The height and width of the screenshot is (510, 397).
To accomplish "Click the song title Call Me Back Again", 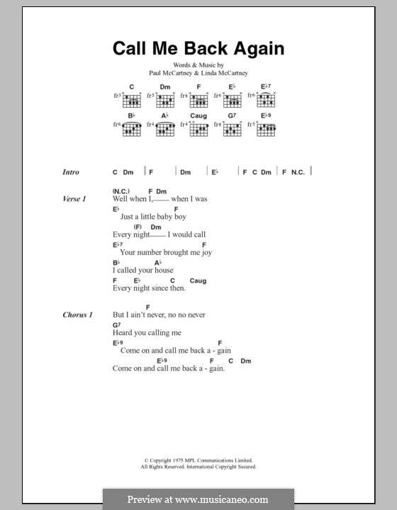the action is (x=198, y=49).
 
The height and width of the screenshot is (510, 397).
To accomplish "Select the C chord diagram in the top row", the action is (x=131, y=97).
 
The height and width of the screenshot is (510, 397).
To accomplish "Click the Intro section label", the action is (x=71, y=172).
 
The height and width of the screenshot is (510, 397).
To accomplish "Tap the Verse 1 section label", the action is (x=74, y=200).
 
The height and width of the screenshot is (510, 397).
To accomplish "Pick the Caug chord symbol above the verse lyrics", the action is (x=198, y=280).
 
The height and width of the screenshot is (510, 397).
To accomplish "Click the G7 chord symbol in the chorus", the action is (x=116, y=324).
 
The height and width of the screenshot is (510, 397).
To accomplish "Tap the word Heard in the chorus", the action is (x=122, y=333).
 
